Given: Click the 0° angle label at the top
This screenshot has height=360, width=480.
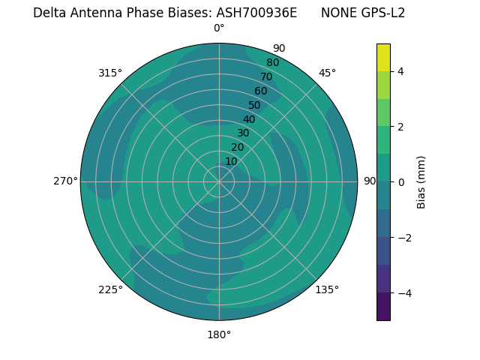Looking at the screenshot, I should pos(219,28).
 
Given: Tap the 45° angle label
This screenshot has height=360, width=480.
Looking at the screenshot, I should pos(327,73).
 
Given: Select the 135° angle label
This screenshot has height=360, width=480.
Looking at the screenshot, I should pos(327,289).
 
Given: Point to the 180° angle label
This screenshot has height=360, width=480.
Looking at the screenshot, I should pos(219,334).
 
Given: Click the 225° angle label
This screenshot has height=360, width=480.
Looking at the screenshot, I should pos(110,289).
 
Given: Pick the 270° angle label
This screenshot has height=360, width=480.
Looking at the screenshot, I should pos(66,181).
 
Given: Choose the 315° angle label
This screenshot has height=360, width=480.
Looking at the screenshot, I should pos(110,73).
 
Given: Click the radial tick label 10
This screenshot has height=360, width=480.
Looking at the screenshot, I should pos(231,161).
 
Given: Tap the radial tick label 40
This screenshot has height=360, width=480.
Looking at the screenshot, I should pos(249,119).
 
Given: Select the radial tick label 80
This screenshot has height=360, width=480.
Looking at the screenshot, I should pos(272,63).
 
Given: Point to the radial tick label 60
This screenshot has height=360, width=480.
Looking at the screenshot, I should pos(260,91).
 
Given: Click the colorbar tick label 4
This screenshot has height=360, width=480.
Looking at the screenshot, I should pos(400,71).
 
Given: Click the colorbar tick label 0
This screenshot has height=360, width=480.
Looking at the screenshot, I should pos(400,181).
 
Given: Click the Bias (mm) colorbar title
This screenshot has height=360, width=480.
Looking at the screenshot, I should pos(421,181).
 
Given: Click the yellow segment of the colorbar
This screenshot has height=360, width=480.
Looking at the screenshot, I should pos(383,57).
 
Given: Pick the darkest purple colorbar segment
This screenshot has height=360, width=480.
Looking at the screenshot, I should pos(383,307).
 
